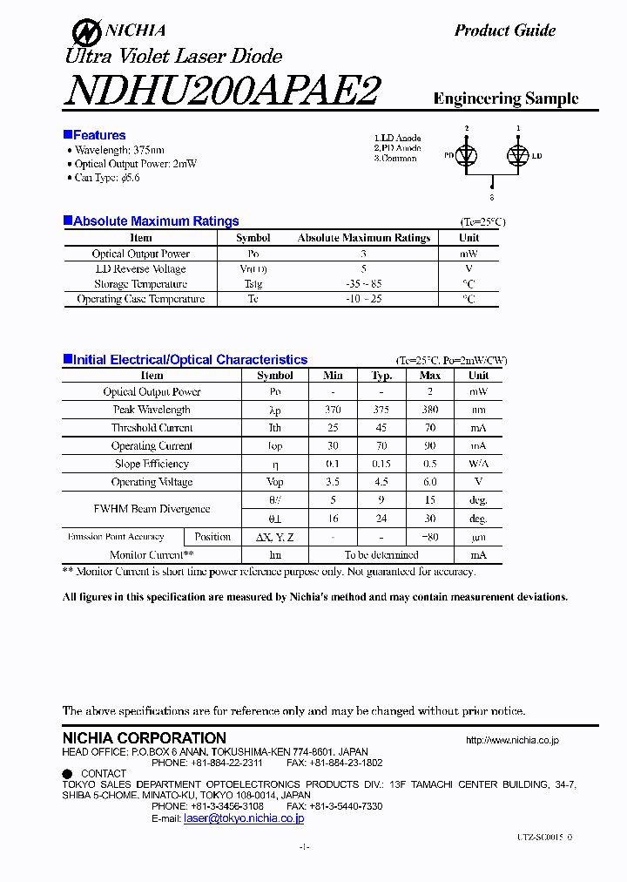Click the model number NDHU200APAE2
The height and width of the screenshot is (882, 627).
pos(221,91)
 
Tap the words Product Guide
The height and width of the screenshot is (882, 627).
pos(504,31)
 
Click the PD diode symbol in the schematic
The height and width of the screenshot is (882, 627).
pos(467,155)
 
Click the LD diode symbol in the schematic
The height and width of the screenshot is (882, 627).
pos(518,155)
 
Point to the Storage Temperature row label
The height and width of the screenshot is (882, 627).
pos(141,284)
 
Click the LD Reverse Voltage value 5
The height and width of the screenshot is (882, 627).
pos(363,269)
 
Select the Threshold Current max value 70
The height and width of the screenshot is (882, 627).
pos(430,428)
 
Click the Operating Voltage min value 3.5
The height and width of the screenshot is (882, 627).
pos(332,482)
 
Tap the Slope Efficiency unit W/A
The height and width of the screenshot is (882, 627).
pos(478,465)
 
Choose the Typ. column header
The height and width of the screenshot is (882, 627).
pos(381,376)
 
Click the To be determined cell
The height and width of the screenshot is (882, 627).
pos(381,555)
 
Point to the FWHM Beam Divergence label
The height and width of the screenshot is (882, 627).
pos(152,509)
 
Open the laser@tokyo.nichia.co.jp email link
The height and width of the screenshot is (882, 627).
pos(244,818)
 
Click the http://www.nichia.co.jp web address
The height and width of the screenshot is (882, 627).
pos(512,740)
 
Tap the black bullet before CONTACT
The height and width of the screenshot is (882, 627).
pos(67,773)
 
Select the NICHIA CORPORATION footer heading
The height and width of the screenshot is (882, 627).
pos(144,738)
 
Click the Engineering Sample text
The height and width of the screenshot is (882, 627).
pos(505,98)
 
